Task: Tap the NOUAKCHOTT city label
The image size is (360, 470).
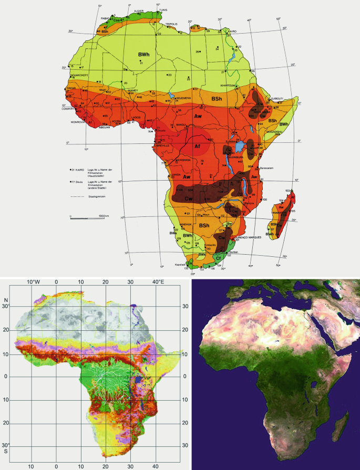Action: (74, 75)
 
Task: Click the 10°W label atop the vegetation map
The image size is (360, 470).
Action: (34, 282)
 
